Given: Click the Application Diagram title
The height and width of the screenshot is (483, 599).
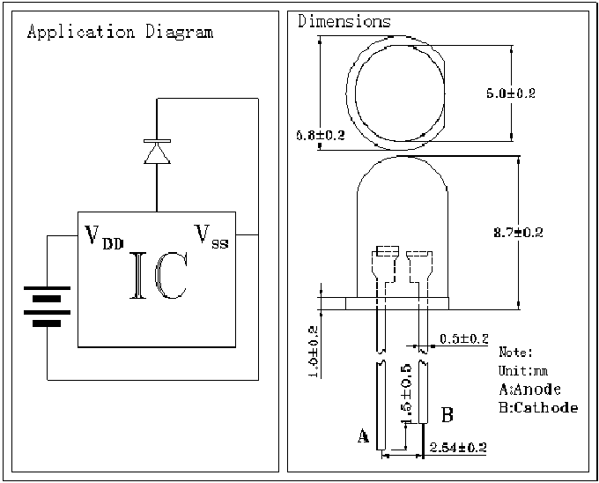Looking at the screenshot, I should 120,33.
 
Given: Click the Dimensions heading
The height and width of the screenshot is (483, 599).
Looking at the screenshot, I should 344,21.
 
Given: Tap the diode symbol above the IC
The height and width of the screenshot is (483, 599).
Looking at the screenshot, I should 157,152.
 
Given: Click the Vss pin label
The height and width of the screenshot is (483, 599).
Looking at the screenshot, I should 211,236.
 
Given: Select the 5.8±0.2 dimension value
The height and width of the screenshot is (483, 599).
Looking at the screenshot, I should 320,135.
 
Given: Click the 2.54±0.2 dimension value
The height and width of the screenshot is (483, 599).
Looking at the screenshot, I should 457,448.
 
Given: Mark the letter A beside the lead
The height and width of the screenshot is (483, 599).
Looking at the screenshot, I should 362,435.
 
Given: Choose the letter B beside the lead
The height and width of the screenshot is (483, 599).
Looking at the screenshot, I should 447,413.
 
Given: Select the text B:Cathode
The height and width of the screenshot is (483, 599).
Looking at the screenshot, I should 538,407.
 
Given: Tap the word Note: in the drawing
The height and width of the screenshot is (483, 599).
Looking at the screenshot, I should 516,352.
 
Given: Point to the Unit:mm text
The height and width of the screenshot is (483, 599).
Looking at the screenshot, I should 523,370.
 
